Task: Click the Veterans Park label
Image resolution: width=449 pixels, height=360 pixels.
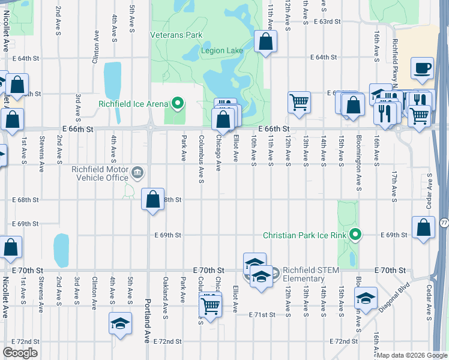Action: point(176,35)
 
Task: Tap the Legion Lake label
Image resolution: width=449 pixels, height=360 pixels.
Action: point(222,51)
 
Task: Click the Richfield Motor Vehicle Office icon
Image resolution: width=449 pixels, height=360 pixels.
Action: point(138,173)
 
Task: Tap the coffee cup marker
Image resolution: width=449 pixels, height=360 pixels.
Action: point(423,68)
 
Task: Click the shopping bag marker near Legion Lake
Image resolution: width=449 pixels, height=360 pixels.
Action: point(265,43)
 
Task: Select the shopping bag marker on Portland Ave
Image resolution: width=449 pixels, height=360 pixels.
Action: point(153,199)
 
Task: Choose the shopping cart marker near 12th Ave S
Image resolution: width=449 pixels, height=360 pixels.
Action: point(299,102)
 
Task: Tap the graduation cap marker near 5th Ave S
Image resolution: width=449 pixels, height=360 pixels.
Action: point(120,322)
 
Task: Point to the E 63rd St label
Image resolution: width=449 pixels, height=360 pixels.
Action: point(327,22)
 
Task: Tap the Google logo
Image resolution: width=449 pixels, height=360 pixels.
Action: point(20,353)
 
